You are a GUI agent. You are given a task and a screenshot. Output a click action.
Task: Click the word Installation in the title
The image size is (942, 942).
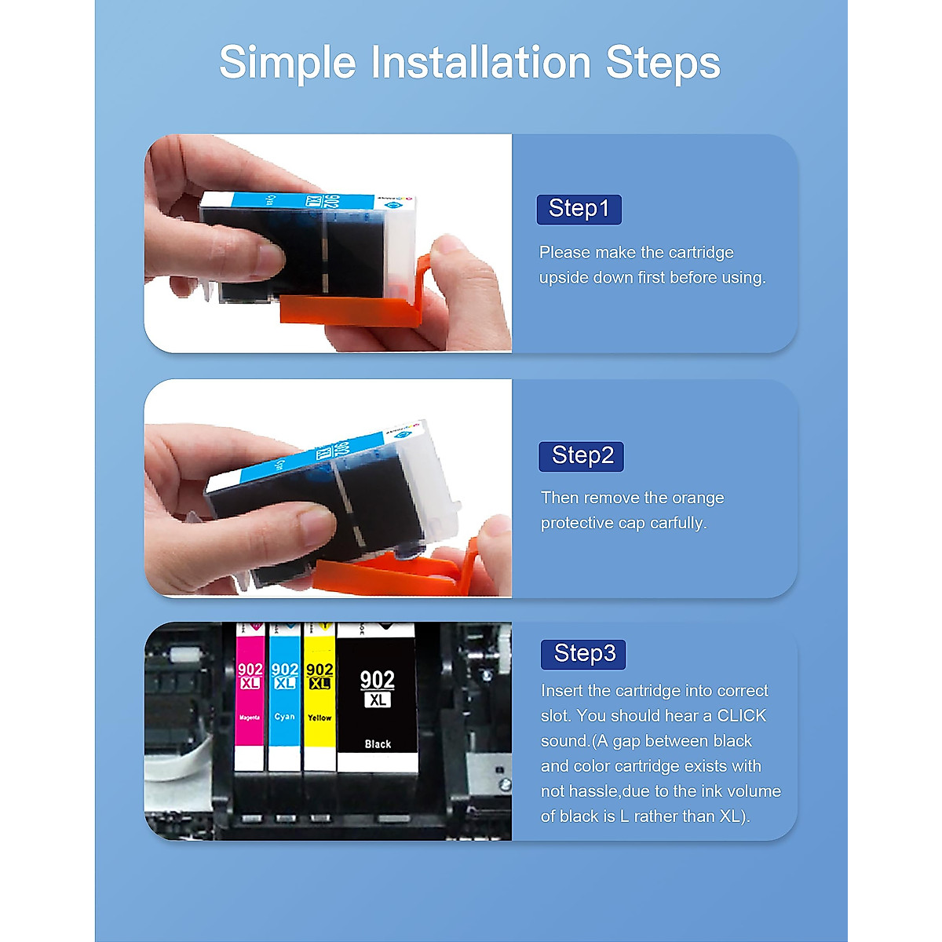pyautogui.click(x=480, y=63)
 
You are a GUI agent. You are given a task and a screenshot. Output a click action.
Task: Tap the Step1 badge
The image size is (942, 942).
pyautogui.click(x=579, y=209)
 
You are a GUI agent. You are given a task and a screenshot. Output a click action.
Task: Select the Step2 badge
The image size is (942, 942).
pyautogui.click(x=581, y=455)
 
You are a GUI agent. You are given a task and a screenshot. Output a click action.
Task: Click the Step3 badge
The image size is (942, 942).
pyautogui.click(x=583, y=653)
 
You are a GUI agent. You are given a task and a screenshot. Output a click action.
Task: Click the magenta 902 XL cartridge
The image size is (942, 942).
pyautogui.click(x=250, y=699)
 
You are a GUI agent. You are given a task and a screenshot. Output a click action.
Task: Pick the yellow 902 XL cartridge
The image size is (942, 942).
pyautogui.click(x=319, y=699)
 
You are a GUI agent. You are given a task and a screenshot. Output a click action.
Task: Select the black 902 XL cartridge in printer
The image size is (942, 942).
pyautogui.click(x=377, y=699)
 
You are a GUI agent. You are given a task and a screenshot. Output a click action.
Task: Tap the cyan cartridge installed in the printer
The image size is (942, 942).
pyautogui.click(x=284, y=699)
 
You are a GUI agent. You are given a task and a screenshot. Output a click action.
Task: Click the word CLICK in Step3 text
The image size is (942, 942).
pyautogui.click(x=741, y=716)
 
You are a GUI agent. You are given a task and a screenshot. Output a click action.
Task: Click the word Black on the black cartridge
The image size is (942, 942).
pyautogui.click(x=378, y=743)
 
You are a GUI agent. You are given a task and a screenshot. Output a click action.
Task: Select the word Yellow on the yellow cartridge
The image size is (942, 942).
pyautogui.click(x=319, y=717)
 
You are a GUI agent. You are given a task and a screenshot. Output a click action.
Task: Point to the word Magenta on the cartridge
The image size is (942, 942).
pyautogui.click(x=250, y=717)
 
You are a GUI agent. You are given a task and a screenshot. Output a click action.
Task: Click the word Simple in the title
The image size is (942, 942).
pyautogui.click(x=287, y=63)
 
